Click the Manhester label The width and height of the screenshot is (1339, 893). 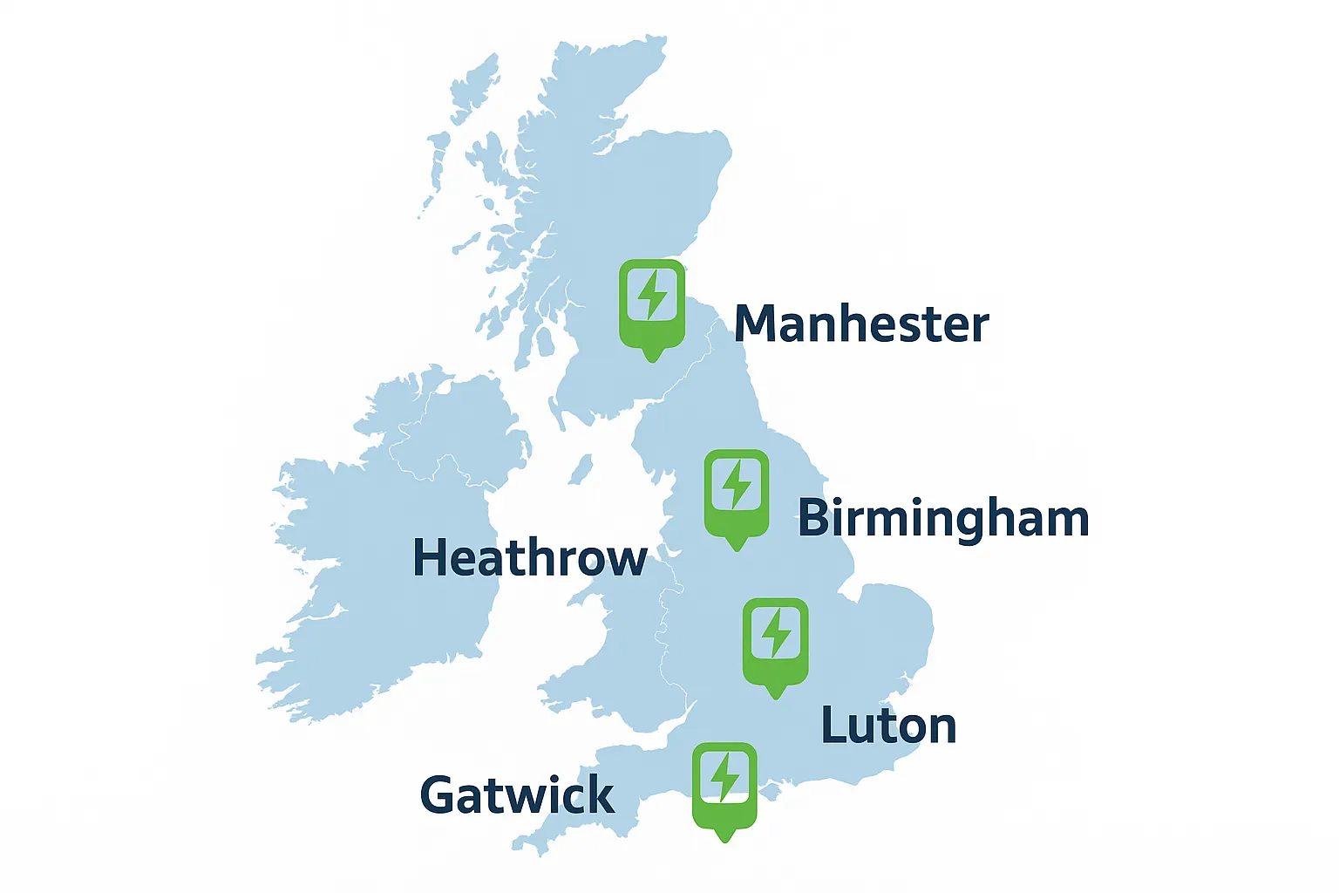coord(861,324)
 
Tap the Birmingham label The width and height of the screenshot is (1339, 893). coord(943,519)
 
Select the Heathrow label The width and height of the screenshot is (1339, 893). coord(529,558)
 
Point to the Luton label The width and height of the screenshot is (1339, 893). coord(888,726)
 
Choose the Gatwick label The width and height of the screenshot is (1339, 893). coord(517,795)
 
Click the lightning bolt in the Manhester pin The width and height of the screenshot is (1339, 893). coord(652,295)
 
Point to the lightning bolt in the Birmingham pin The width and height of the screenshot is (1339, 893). coord(737,484)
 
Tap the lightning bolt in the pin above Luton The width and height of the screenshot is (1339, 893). coord(776,632)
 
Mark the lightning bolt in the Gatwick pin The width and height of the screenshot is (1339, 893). coord(724,776)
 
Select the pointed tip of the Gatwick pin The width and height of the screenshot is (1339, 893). coord(724,841)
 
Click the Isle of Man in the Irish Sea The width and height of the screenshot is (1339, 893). coord(581,469)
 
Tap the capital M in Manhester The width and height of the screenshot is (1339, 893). coord(754,324)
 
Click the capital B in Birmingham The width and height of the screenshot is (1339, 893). coord(813,518)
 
